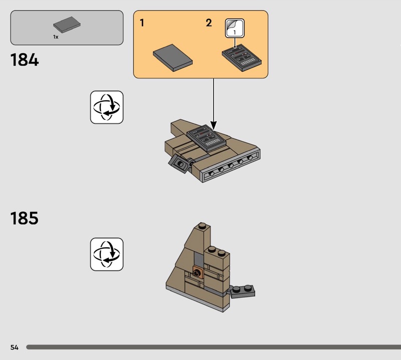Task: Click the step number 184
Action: coord(24,60)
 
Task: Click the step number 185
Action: coord(24,219)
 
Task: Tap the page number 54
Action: coord(14,347)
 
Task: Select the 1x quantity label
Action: coord(56,37)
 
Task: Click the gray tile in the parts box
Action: coord(67,25)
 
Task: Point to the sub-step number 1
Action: coord(142,23)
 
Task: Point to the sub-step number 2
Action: coord(209,23)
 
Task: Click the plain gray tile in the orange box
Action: coord(172,59)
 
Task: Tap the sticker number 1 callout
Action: coord(235,29)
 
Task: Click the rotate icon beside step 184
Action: coord(107,107)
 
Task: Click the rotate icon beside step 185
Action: coord(107,254)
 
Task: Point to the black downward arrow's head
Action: coord(214,125)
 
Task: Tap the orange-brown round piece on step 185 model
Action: coord(197,273)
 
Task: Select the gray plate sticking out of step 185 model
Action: coord(244,289)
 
